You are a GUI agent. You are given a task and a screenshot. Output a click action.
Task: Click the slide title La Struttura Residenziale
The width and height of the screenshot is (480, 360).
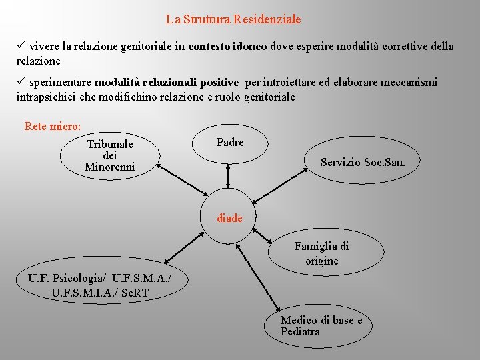(x=233, y=20)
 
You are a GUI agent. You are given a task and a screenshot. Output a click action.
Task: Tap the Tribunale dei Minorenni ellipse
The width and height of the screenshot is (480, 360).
(x=109, y=155)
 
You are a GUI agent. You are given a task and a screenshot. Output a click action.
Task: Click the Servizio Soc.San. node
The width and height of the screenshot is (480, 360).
(x=362, y=162)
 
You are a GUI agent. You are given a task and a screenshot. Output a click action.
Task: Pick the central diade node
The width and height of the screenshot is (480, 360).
(x=229, y=217)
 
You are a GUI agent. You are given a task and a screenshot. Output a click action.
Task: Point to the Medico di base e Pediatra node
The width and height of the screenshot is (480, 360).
(x=321, y=326)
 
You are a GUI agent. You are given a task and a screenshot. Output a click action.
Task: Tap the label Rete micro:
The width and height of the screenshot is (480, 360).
(x=53, y=126)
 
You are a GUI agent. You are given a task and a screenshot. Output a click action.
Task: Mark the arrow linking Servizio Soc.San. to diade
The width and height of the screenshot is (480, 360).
(x=281, y=181)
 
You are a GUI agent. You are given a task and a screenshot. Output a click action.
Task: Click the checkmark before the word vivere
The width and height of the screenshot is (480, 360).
(x=21, y=47)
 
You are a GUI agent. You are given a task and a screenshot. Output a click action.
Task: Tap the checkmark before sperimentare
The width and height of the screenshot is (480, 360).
(x=21, y=83)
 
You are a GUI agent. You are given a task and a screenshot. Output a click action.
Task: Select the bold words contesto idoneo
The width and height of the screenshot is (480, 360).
(x=227, y=47)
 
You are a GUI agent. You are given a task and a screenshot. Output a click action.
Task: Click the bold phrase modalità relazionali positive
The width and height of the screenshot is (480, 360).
(x=167, y=83)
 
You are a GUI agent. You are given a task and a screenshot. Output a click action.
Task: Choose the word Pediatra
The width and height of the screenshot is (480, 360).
(x=300, y=332)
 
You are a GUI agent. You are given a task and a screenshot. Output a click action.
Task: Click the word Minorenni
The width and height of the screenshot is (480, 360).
(x=109, y=167)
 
